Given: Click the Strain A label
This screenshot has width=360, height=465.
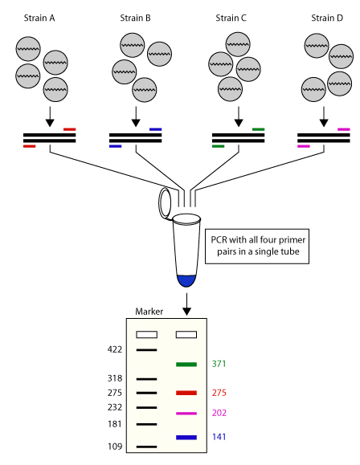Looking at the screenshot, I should pos(50,17).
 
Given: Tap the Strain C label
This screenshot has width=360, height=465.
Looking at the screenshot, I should pos(233,17).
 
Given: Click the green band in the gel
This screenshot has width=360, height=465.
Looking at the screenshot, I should pos(186,364).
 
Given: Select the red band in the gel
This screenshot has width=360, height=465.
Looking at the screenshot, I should pos(186,393).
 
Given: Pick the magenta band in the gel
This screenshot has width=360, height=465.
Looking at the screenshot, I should pos(186,413).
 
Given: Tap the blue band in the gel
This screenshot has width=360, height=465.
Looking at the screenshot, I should pos(186,438).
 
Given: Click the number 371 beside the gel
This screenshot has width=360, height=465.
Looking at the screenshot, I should pos(219,364).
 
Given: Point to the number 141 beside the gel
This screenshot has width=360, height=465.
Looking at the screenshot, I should pos(219,438).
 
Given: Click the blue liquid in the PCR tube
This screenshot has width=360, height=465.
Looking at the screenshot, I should pos(186,280).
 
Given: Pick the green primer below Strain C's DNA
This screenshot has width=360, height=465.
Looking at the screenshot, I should pos(218,146).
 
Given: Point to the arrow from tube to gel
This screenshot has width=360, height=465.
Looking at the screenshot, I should pos(186,304).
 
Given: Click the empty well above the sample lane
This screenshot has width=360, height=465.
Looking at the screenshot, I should pos(186,334).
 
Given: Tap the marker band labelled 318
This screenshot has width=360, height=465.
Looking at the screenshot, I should pos(146,378).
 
